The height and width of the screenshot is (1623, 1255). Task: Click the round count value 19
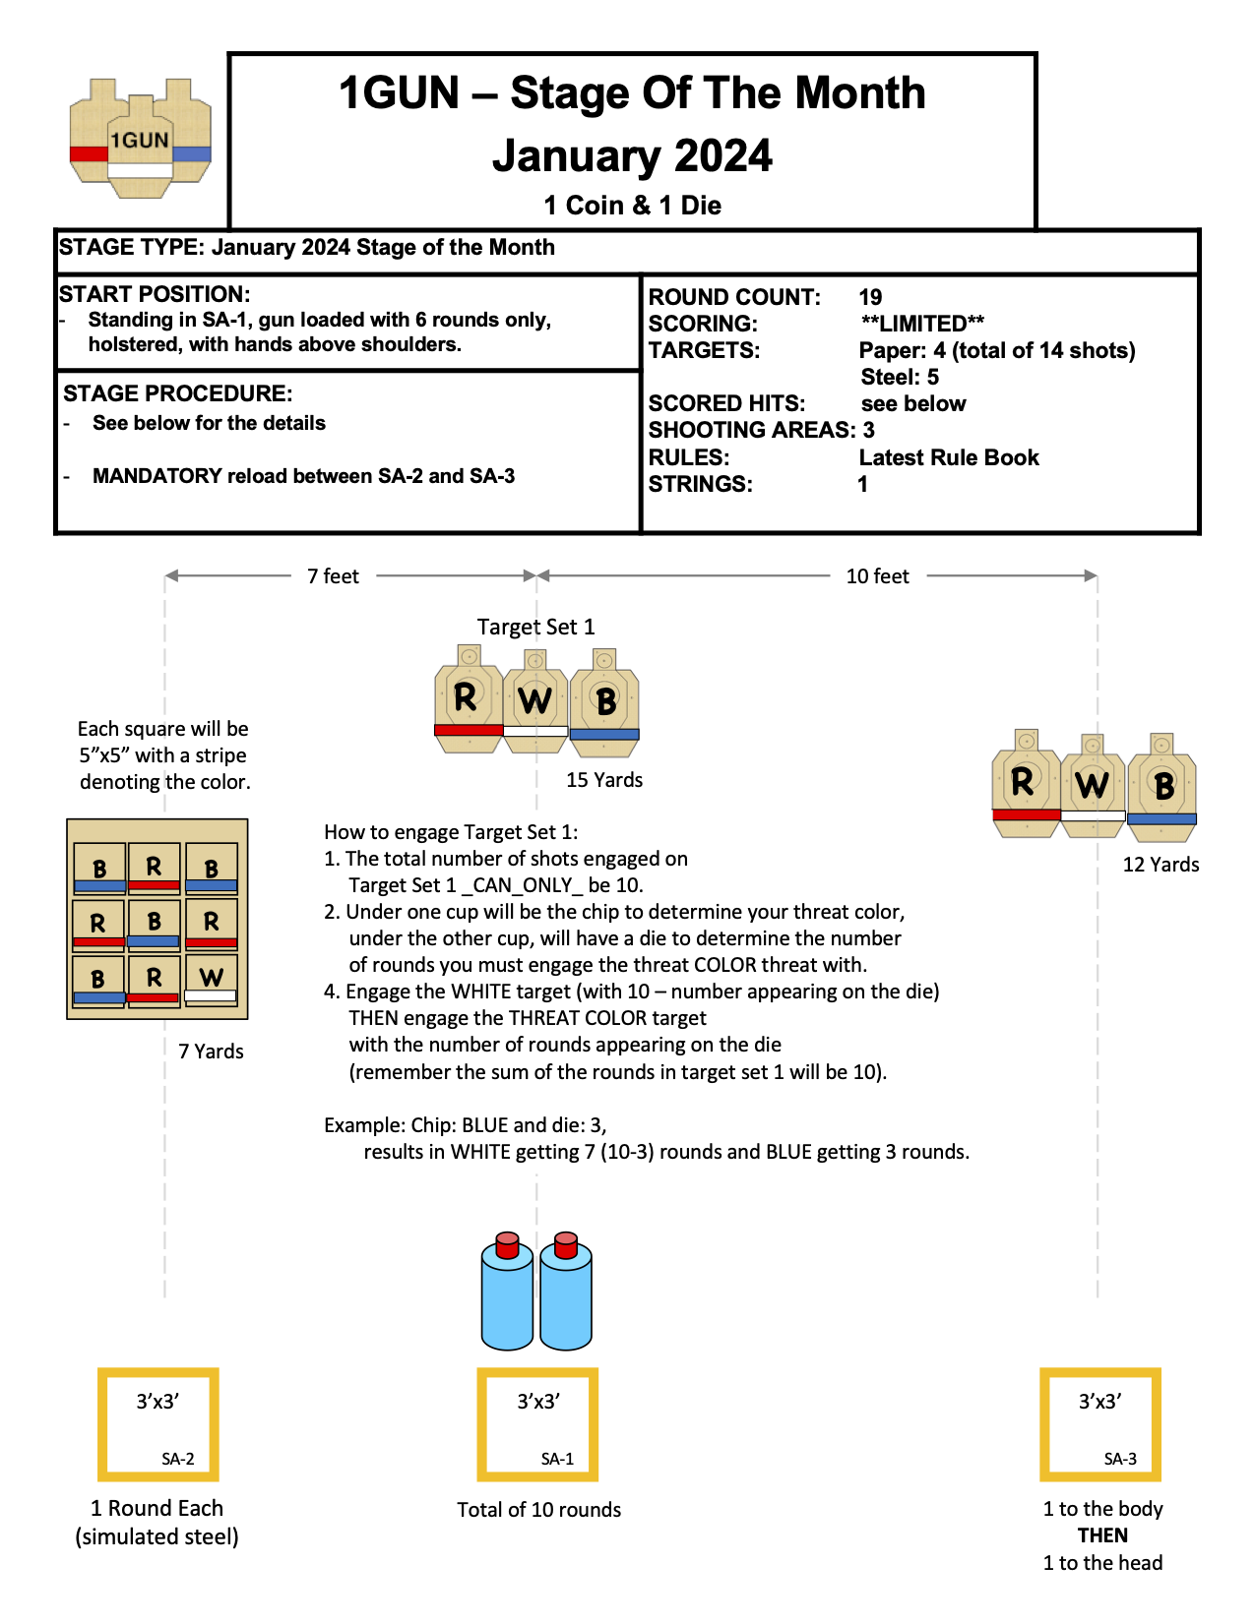870,297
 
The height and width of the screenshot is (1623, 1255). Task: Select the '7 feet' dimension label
333,576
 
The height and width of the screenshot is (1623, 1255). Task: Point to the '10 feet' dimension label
877,576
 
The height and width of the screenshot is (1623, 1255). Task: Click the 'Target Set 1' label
535,628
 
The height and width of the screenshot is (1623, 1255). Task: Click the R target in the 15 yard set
468,699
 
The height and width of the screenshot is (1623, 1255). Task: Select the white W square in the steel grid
212,980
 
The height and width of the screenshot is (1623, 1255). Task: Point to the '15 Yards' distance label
603,780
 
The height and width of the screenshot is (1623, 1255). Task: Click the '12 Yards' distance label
1161,865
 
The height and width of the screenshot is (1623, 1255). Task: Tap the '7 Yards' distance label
211,1052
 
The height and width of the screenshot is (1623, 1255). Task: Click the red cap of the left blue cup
507,1244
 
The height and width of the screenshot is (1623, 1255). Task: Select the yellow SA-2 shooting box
157,1424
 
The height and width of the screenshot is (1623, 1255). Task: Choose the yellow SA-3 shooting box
1100,1424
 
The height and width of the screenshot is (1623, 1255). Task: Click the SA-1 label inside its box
557,1459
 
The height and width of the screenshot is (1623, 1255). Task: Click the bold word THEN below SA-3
1102,1535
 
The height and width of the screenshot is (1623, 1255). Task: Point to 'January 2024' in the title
632,156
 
